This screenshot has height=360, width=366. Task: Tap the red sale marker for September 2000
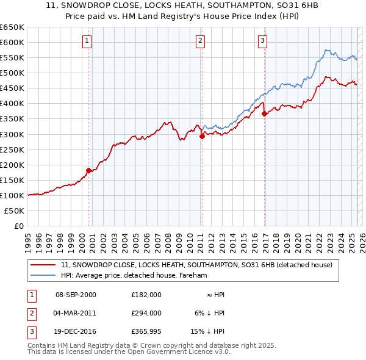88,170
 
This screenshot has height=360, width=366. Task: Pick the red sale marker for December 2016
264,113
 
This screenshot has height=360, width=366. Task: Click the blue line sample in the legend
44,275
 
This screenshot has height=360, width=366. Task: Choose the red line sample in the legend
44,265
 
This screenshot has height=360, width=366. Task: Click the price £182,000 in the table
146,295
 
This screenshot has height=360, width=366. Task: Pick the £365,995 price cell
146,331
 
